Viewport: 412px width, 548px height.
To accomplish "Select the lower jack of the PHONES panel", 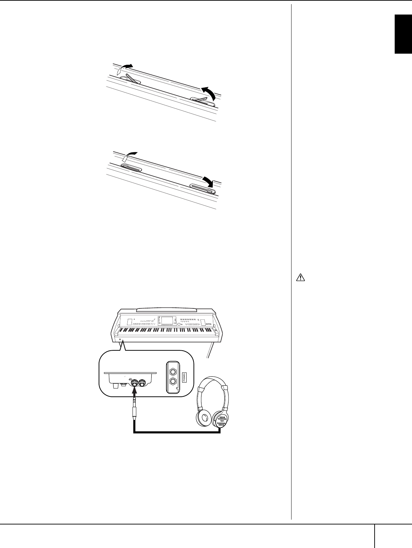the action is pos(172,382).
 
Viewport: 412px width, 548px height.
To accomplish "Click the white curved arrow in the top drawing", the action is pos(123,68).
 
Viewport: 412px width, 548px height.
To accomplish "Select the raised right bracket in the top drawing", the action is pos(203,100).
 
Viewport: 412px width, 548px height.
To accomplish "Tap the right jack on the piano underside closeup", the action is pos(143,383).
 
